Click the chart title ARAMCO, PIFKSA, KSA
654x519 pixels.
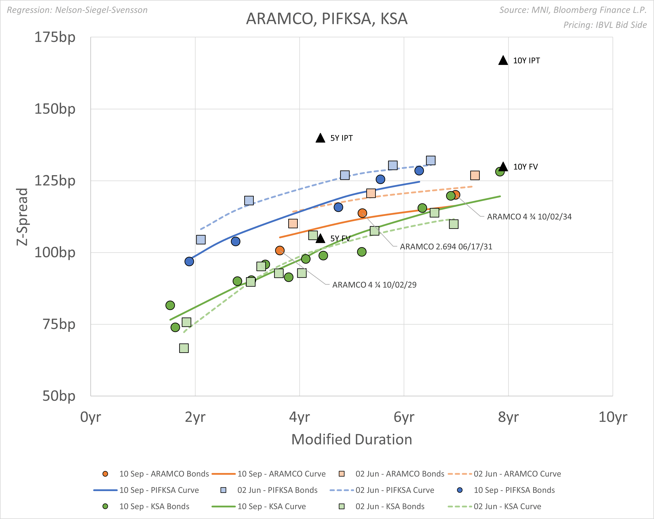(327, 19)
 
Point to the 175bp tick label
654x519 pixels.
(55, 37)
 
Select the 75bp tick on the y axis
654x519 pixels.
(59, 324)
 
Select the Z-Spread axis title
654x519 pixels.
(22, 217)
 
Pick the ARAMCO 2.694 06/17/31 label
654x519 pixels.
(446, 247)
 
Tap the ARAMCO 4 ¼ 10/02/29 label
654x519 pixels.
(374, 285)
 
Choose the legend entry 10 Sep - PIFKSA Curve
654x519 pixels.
(159, 490)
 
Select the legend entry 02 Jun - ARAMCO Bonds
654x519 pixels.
(400, 474)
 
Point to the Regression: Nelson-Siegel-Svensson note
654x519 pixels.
(77, 10)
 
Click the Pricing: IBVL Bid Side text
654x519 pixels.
(605, 25)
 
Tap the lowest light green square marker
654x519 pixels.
(184, 348)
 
